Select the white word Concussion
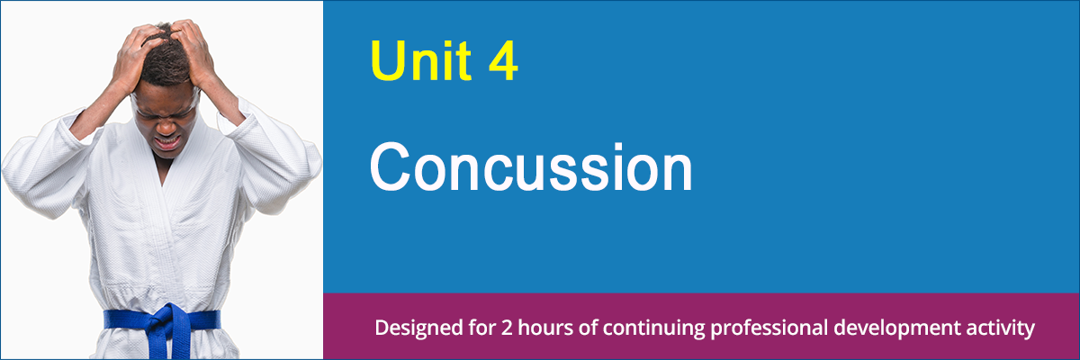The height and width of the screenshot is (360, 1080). pyautogui.click(x=531, y=168)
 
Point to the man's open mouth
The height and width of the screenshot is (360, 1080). pyautogui.click(x=168, y=141)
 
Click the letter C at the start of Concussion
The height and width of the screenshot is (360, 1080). pyautogui.click(x=390, y=168)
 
